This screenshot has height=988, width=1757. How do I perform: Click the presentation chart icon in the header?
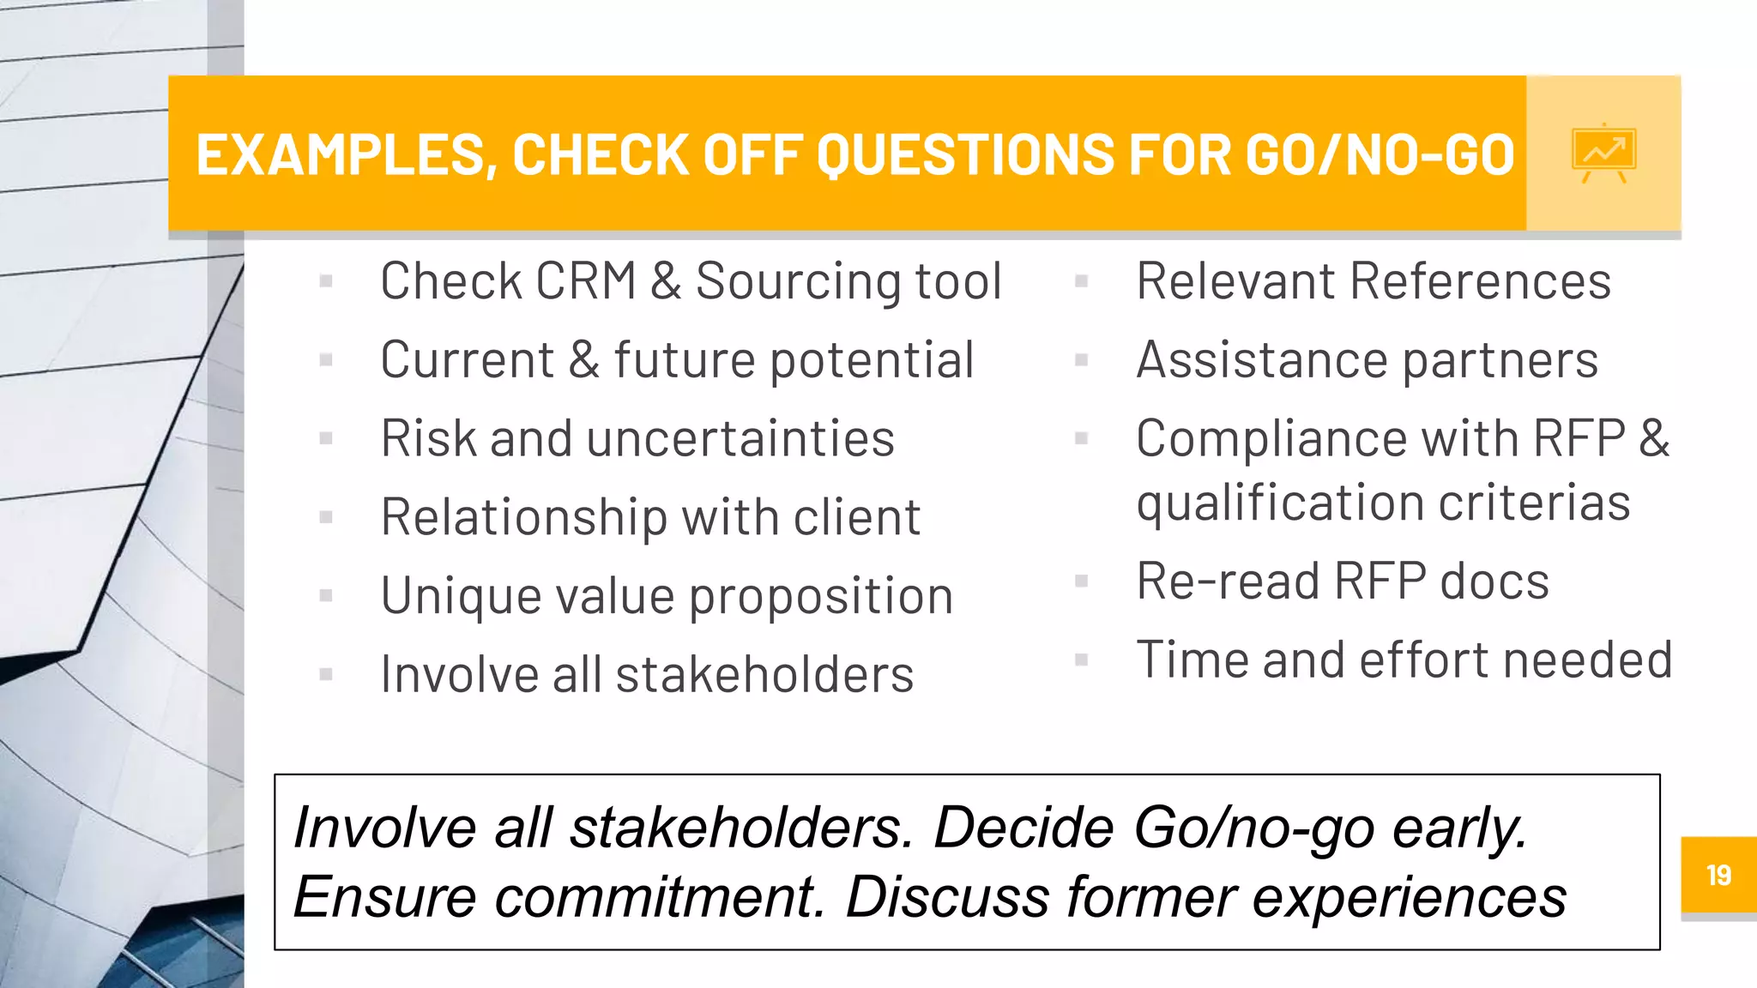tap(1603, 154)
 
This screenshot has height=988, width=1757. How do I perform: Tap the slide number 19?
tap(1718, 875)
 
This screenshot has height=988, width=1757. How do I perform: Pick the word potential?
tap(871, 361)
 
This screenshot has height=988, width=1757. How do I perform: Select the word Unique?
tap(461, 597)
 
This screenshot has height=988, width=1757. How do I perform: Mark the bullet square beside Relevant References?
tap(1081, 281)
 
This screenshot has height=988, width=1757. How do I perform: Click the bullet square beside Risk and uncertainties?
tap(325, 439)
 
